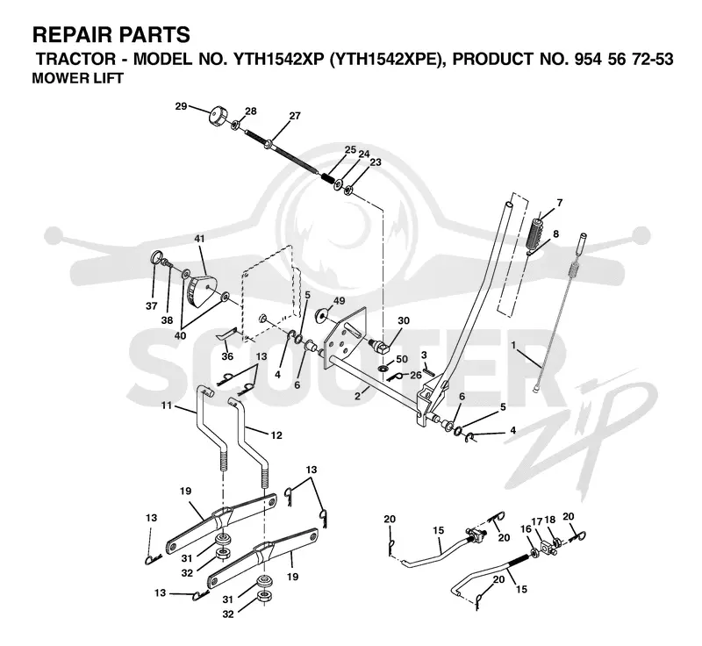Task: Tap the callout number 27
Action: click(x=295, y=116)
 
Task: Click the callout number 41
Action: click(x=199, y=239)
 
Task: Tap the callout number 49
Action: click(x=339, y=301)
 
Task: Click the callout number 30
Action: click(x=404, y=320)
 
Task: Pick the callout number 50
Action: click(x=402, y=359)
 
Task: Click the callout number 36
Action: click(x=227, y=357)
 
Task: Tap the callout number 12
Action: click(x=276, y=434)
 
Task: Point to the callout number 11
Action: click(x=167, y=406)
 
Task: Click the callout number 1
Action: click(x=513, y=345)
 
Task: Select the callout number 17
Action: click(x=537, y=521)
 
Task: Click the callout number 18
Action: click(x=550, y=520)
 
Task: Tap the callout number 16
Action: click(x=526, y=528)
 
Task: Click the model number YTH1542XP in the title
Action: click(x=278, y=59)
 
